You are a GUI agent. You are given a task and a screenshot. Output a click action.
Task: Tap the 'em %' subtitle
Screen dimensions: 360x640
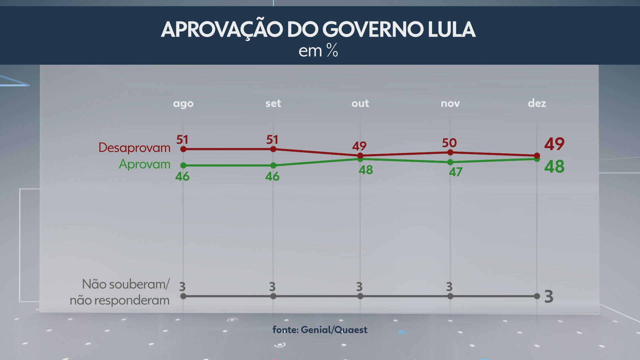318,51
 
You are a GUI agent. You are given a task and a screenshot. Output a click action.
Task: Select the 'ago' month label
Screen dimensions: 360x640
183,104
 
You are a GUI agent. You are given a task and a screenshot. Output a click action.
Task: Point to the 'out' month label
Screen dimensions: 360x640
360,103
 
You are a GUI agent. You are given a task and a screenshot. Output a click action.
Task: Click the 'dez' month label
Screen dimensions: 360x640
537,103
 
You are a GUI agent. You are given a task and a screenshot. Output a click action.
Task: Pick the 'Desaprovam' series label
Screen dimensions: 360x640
134,147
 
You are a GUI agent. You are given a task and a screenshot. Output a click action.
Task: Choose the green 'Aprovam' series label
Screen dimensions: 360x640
145,164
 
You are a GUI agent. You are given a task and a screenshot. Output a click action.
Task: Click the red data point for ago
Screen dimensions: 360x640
183,149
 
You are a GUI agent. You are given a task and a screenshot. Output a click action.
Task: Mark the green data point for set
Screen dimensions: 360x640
273,165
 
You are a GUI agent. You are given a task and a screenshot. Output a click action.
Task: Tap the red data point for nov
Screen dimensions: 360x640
450,152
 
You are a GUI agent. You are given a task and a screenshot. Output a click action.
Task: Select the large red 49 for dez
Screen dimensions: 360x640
554,144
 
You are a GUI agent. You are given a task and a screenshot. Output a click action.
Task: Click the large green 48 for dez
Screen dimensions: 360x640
554,167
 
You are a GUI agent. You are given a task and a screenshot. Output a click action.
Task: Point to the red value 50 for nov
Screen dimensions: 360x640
449,143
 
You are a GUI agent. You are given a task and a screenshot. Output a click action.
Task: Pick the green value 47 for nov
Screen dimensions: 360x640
455,172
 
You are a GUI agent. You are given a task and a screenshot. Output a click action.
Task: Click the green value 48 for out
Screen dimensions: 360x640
366,170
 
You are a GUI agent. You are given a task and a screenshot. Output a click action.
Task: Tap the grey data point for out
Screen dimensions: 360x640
360,296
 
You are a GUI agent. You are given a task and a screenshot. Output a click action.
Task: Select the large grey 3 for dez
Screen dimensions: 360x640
549,297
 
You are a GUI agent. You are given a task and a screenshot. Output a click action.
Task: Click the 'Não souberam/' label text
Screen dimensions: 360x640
126,284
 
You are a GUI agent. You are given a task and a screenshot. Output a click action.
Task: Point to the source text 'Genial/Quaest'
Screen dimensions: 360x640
334,330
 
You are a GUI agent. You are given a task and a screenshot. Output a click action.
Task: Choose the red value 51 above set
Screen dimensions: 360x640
272,140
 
